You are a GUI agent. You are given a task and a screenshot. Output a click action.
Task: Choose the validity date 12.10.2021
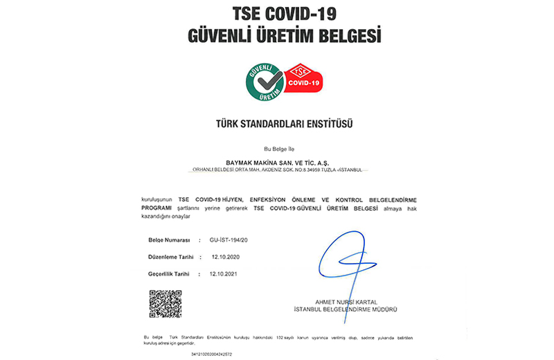tap(224, 273)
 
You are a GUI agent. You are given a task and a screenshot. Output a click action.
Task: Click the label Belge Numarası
tap(169, 240)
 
